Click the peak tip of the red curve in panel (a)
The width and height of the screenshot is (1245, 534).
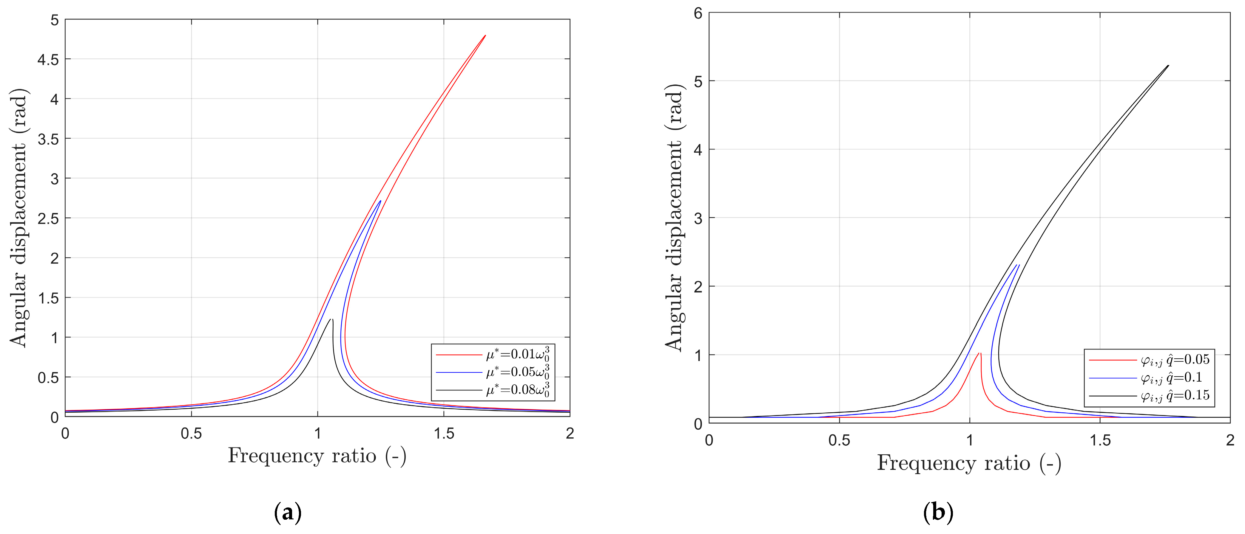click(485, 35)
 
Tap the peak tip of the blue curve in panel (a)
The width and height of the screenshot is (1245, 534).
click(380, 201)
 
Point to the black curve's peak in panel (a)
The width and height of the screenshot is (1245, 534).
click(331, 319)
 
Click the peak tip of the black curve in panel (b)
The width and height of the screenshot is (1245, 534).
click(1168, 66)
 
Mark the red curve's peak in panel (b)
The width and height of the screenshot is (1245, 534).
click(980, 353)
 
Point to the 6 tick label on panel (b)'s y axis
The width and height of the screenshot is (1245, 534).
click(698, 13)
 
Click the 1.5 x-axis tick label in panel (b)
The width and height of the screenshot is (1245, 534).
click(1100, 440)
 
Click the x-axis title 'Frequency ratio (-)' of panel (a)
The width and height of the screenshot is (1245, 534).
click(317, 456)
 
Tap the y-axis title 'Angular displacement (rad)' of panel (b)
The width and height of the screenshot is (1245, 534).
click(673, 217)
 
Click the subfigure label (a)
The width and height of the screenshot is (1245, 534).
click(288, 512)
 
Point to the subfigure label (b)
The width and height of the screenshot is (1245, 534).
click(938, 512)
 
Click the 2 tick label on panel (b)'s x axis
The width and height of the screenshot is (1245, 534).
click(1230, 440)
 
